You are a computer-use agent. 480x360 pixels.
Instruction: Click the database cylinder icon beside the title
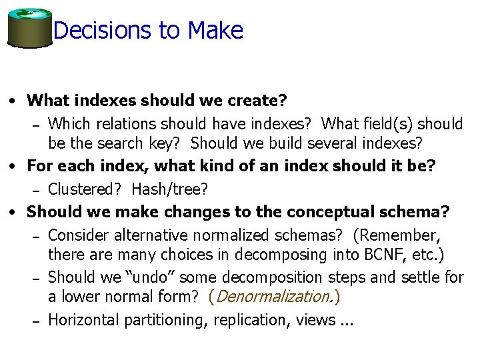[x=29, y=28]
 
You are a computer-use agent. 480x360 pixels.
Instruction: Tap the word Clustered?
[x=87, y=189]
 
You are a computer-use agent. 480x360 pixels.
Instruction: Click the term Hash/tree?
[x=170, y=189]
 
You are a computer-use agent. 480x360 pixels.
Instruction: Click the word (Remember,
[x=400, y=235]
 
